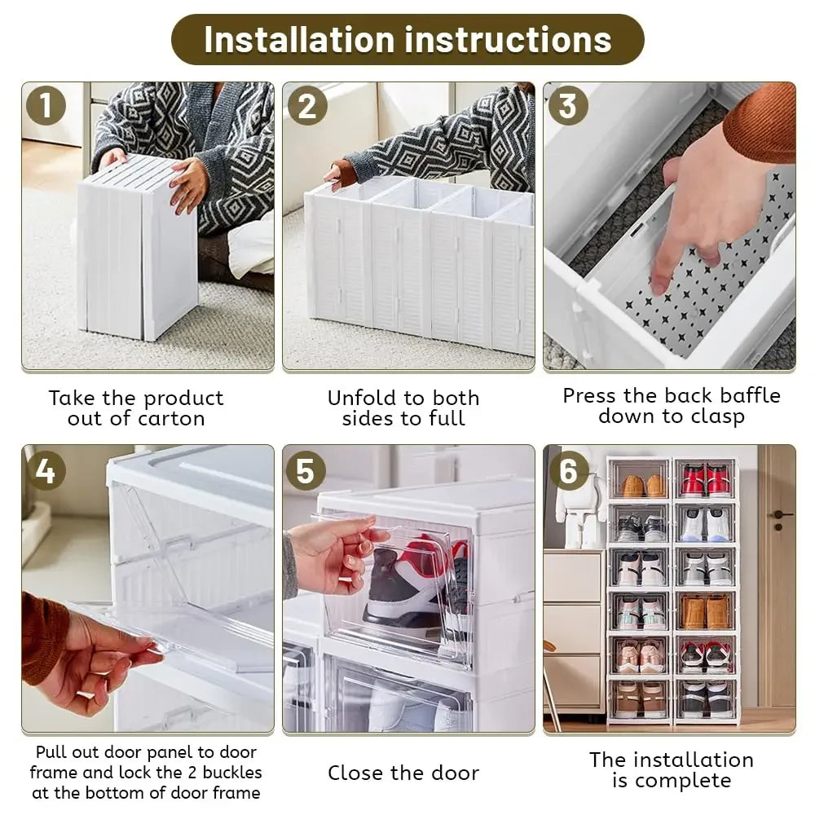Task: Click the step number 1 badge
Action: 46,106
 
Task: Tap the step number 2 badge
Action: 307,106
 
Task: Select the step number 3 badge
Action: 567,106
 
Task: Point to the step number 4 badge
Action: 46,470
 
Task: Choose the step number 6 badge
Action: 567,470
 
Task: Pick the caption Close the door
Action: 403,773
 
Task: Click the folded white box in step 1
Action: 139,249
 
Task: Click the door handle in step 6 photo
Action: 780,515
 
